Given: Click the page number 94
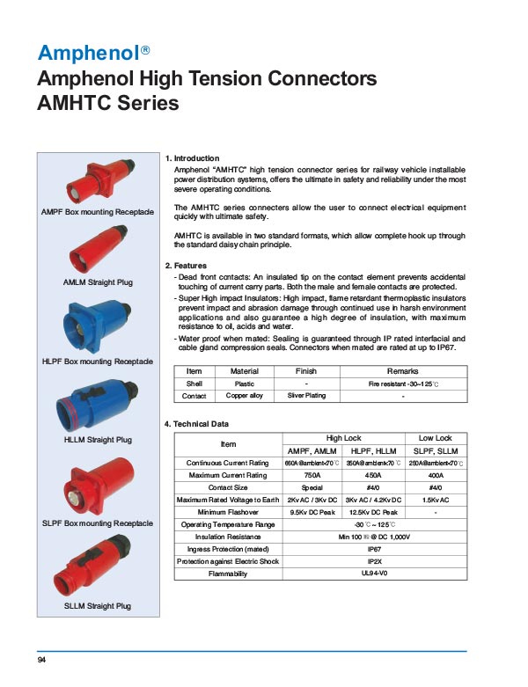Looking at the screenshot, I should (x=41, y=660).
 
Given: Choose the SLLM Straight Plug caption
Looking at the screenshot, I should (x=98, y=606).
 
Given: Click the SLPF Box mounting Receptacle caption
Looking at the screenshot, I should (x=98, y=523).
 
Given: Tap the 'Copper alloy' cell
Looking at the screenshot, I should (x=244, y=396).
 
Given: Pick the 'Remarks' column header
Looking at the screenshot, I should (x=402, y=371).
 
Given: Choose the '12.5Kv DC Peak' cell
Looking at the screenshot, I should (x=373, y=512).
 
